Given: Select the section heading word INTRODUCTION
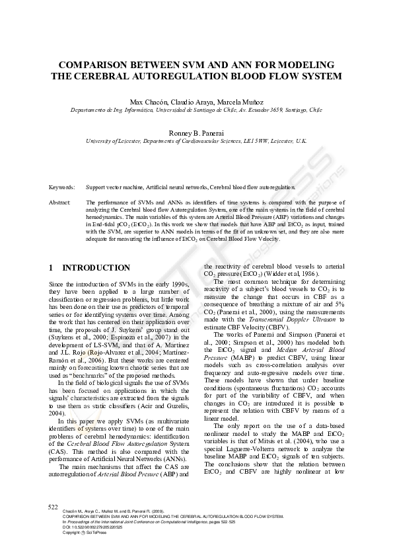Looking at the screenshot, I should [x=96, y=268].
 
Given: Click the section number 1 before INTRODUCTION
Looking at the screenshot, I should [x=52, y=268].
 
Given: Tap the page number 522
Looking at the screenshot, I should [x=54, y=505].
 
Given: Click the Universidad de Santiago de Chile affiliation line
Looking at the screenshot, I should [x=196, y=110].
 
